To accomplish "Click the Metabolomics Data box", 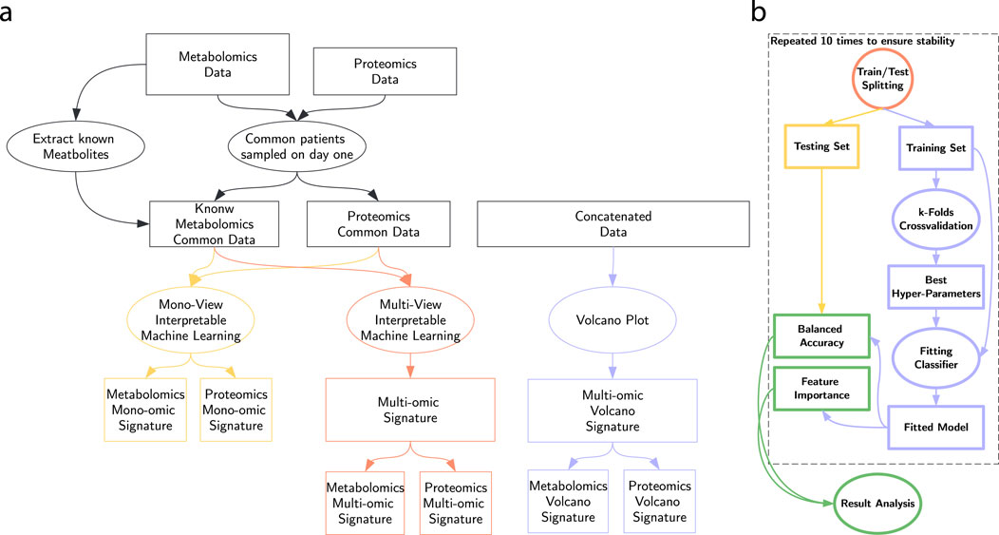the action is (x=217, y=65).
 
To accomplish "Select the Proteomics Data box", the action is (x=385, y=71).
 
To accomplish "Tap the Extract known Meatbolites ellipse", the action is (x=76, y=146).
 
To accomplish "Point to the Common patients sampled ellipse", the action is (x=297, y=146).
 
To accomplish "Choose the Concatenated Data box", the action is (x=613, y=224).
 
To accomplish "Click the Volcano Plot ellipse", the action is (x=613, y=320).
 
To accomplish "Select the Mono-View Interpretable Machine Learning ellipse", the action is (x=191, y=320).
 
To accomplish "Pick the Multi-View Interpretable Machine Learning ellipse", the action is (x=410, y=320).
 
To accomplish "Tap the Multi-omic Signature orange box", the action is (x=410, y=410).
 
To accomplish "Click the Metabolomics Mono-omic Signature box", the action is (x=145, y=410).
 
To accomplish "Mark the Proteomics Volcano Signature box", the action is (x=659, y=501).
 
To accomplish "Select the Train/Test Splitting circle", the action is (x=882, y=79).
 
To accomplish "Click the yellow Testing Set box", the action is (x=821, y=146).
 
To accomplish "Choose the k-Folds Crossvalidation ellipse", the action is (x=936, y=219).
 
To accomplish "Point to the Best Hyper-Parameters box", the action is (x=936, y=287).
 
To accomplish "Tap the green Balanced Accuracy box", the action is (x=821, y=336).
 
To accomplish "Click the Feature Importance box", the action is (x=821, y=389).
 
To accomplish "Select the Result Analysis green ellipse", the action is (x=877, y=503).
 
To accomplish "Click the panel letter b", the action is (x=758, y=11).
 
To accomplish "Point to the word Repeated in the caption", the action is (x=794, y=42).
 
